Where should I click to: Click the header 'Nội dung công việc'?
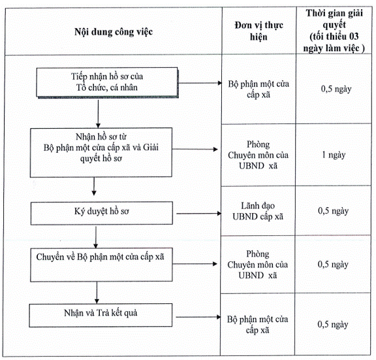pyautogui.click(x=114, y=32)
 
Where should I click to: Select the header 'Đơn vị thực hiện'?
pyautogui.click(x=258, y=31)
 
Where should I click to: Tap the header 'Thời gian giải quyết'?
pyautogui.click(x=334, y=19)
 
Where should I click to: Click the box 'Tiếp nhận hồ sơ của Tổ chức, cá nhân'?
pyautogui.click(x=107, y=82)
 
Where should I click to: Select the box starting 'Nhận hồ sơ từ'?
pyautogui.click(x=101, y=152)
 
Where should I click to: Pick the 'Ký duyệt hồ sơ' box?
pyautogui.click(x=101, y=213)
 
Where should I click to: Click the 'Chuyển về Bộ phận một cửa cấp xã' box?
pyautogui.click(x=101, y=265)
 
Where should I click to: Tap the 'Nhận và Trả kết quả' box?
pyautogui.click(x=101, y=315)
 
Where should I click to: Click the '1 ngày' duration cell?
pyautogui.click(x=334, y=155)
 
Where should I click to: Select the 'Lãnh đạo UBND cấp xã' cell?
pyautogui.click(x=258, y=211)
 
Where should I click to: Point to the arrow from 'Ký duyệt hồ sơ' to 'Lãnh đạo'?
pyautogui.click(x=199, y=214)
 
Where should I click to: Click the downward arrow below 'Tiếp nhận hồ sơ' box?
pyautogui.click(x=98, y=114)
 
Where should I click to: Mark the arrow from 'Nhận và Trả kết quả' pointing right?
pyautogui.click(x=198, y=317)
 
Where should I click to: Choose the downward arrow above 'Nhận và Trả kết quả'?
pyautogui.click(x=97, y=293)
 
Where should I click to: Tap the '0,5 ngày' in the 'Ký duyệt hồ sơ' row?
pyautogui.click(x=333, y=211)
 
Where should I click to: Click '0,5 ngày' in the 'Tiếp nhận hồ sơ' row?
pyautogui.click(x=336, y=89)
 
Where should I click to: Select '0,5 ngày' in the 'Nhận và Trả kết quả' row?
pyautogui.click(x=333, y=325)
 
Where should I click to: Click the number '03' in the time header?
pyautogui.click(x=353, y=37)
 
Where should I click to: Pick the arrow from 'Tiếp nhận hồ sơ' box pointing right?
pyautogui.click(x=200, y=83)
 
